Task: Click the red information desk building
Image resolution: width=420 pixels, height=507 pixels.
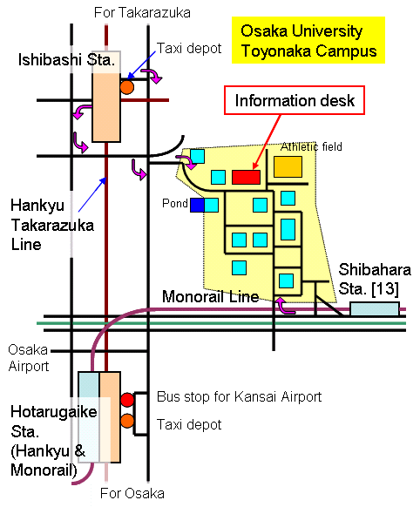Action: click(x=246, y=177)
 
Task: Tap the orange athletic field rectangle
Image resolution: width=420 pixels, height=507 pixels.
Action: click(x=288, y=167)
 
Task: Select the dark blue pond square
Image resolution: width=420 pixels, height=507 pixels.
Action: click(x=197, y=205)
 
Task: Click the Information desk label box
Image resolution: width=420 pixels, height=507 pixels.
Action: click(x=295, y=100)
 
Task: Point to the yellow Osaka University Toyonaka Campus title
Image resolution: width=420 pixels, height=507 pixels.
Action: click(x=308, y=40)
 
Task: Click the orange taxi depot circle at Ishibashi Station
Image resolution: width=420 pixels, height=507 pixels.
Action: click(x=126, y=87)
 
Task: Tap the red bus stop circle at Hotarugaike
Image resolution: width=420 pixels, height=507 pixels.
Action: click(x=127, y=400)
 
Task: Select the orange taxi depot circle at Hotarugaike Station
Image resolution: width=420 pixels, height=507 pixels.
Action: click(x=127, y=421)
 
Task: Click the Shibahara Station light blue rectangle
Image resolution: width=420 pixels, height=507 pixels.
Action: click(x=375, y=308)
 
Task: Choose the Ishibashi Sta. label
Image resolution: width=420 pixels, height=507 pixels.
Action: click(x=66, y=60)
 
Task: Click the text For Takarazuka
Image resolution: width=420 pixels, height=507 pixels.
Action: click(x=142, y=12)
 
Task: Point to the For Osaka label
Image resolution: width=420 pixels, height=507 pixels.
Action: click(x=132, y=493)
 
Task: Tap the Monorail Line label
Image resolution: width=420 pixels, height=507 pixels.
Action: click(x=211, y=296)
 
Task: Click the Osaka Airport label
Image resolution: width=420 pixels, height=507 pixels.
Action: click(x=29, y=358)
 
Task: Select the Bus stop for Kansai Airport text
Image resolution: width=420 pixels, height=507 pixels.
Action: click(x=240, y=396)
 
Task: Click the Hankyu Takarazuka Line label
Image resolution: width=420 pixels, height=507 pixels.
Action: click(x=52, y=225)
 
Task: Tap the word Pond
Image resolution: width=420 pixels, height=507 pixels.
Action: click(x=175, y=203)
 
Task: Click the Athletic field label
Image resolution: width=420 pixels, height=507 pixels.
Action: click(x=311, y=147)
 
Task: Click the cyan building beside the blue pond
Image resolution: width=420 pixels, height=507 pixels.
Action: click(x=212, y=205)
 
